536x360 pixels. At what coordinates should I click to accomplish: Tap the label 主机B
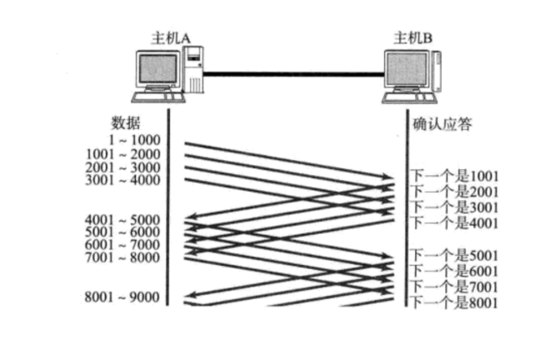click(413, 37)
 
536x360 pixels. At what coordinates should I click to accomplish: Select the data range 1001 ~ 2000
click(123, 154)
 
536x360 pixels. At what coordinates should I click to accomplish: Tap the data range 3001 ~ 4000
click(123, 180)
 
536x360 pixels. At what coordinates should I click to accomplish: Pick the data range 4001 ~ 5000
click(123, 220)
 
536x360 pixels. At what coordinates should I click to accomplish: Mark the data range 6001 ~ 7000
click(123, 245)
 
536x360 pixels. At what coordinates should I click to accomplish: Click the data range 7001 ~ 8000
click(123, 257)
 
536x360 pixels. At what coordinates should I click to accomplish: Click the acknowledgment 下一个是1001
click(453, 177)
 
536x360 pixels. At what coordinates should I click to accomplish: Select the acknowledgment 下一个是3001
click(453, 207)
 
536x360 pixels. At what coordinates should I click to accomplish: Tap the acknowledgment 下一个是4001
click(453, 222)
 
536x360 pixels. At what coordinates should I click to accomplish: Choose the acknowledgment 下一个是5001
click(453, 253)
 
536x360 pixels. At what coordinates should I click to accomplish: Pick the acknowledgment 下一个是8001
click(453, 302)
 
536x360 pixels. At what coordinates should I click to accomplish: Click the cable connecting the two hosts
click(292, 75)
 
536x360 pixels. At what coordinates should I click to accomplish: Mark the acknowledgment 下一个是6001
click(453, 269)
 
